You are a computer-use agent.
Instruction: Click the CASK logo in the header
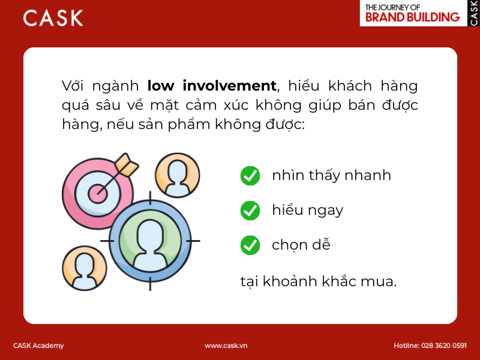click(x=53, y=18)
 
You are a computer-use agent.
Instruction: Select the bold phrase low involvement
click(x=212, y=86)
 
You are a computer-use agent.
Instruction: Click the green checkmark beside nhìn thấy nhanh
click(x=250, y=176)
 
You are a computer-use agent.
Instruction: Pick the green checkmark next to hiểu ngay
click(x=250, y=211)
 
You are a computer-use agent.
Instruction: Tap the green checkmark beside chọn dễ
click(x=250, y=245)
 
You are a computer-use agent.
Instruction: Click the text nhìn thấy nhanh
click(x=331, y=176)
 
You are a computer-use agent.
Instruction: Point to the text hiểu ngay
click(x=307, y=211)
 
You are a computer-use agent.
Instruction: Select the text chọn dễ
click(x=301, y=245)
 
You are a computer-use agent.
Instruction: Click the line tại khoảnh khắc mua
click(x=318, y=281)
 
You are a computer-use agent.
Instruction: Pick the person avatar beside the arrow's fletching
click(x=177, y=175)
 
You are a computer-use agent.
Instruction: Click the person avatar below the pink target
click(x=84, y=271)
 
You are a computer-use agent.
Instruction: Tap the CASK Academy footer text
click(x=38, y=346)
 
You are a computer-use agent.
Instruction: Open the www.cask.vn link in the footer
click(x=226, y=346)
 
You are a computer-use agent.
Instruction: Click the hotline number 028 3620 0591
click(x=445, y=346)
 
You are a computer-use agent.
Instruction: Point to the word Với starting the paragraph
click(x=73, y=86)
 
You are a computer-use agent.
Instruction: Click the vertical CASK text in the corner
click(x=473, y=13)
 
